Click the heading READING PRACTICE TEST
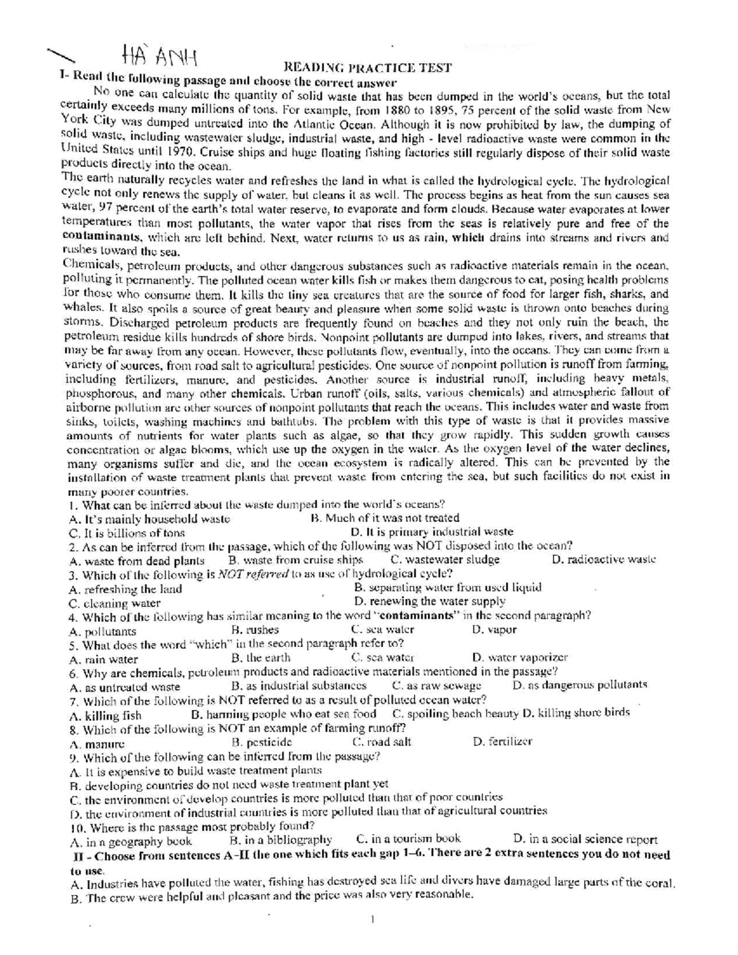point(367,67)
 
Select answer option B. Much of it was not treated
point(385,518)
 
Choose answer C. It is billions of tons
point(127,533)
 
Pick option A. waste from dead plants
point(137,561)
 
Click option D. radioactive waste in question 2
point(604,560)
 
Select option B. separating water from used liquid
point(448,587)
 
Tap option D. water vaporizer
point(520,658)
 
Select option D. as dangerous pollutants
point(580,685)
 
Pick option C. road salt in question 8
point(381,742)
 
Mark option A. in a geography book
point(131,841)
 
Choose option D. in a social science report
point(585,839)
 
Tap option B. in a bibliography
point(280,840)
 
